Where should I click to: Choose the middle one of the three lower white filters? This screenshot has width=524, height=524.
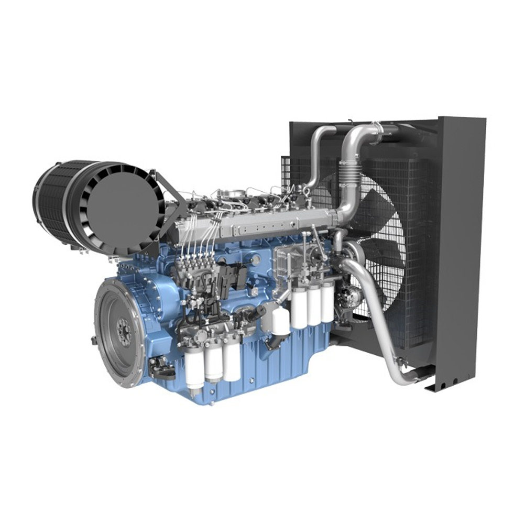(x=213, y=364)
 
